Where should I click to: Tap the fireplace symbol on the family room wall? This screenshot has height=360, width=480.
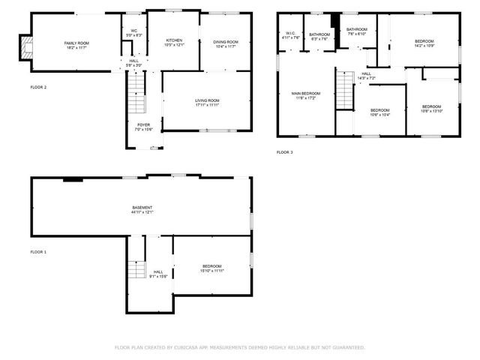click(x=27, y=49)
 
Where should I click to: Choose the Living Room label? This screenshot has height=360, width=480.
click(x=207, y=100)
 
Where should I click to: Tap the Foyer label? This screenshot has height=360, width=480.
click(x=142, y=124)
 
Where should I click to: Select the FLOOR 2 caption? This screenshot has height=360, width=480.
click(x=38, y=88)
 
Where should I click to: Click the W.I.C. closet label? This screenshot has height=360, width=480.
click(x=290, y=33)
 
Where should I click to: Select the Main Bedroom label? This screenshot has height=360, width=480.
click(x=306, y=94)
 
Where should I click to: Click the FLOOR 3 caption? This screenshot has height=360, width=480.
click(x=284, y=152)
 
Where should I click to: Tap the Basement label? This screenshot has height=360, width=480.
click(x=142, y=208)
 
